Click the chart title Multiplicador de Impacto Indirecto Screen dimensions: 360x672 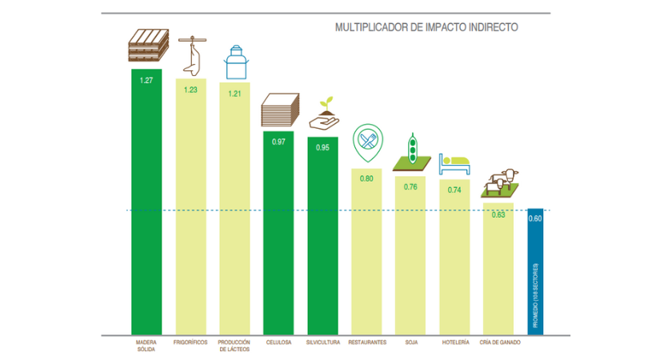coord(426,27)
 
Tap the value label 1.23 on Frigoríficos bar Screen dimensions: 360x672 coord(190,90)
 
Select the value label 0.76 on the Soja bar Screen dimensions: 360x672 coord(410,187)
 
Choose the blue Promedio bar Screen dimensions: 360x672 coord(535,272)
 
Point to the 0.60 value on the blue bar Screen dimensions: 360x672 coord(535,218)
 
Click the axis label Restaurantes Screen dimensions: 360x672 coord(366,342)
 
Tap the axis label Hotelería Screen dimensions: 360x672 coord(454,342)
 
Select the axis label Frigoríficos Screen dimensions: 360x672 coord(190,342)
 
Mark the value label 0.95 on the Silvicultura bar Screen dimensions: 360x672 coord(323,148)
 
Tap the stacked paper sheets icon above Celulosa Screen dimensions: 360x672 coord(280,110)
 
